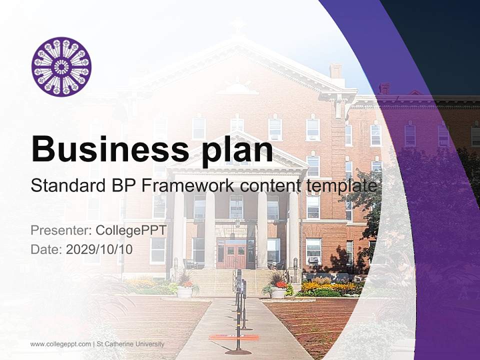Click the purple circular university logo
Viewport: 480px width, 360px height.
(61, 66)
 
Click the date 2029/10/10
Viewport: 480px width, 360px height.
(99, 249)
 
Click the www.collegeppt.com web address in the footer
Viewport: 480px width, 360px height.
(60, 344)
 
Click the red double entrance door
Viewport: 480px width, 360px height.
(234, 255)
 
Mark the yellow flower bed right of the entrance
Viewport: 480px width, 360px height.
(330, 287)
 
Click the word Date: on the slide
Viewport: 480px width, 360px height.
(46, 249)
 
